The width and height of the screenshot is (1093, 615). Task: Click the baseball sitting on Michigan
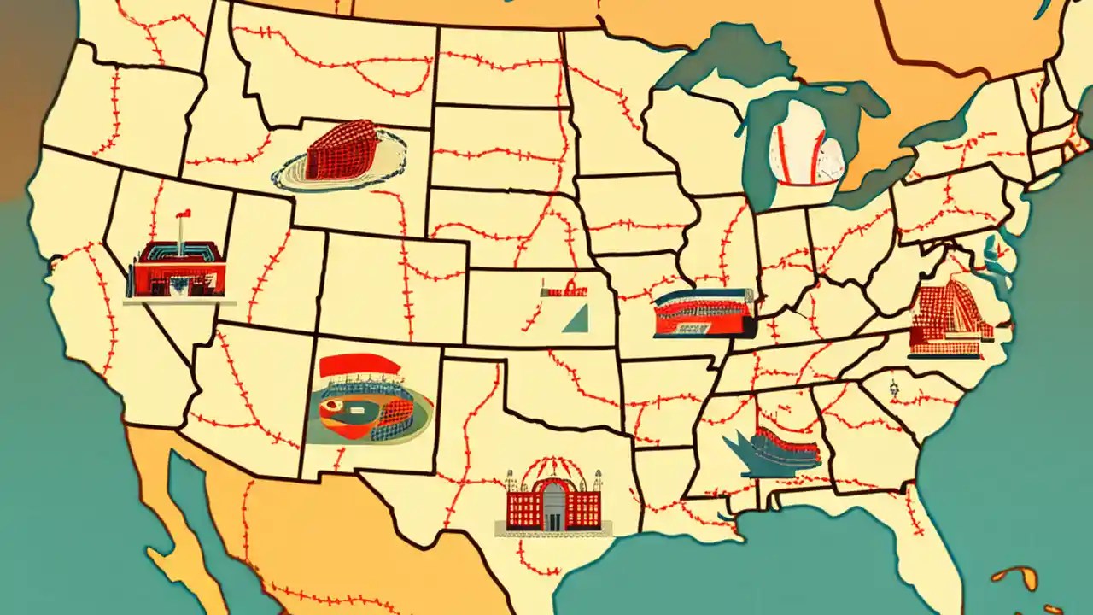point(806,155)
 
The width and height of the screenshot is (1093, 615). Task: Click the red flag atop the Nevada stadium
point(180,214)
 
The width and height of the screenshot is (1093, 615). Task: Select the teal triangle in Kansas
point(576,319)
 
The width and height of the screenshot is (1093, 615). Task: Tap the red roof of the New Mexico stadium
point(359,366)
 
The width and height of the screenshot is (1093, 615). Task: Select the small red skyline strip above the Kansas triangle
point(564,290)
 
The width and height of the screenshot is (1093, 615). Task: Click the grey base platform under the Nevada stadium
point(179,300)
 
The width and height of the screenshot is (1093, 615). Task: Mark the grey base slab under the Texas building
point(551,533)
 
